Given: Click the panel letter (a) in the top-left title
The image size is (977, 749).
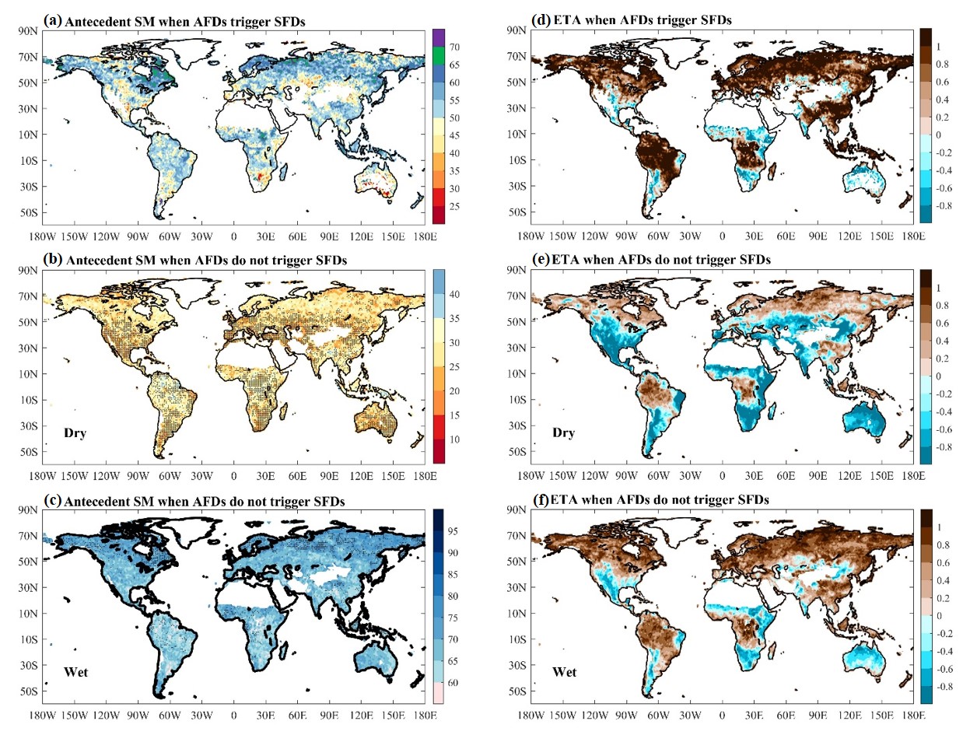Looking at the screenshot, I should [54, 21].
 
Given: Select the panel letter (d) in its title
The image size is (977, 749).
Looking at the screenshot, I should [541, 19].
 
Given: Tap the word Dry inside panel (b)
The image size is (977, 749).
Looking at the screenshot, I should [75, 433].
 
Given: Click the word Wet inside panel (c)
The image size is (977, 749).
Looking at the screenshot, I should [75, 672].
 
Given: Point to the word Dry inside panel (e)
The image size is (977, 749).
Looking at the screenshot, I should [563, 432].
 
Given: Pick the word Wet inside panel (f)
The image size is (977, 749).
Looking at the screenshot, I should [564, 672].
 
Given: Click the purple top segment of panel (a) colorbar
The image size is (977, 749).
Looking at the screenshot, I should [438, 38].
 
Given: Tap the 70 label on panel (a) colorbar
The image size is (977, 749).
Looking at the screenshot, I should [454, 48].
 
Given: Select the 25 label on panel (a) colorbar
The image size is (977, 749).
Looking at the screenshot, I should [454, 207].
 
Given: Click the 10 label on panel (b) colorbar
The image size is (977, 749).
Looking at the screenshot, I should [454, 440].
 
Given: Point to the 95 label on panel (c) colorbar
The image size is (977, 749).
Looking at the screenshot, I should [453, 532].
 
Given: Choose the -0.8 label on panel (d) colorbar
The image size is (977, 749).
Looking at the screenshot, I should [943, 206].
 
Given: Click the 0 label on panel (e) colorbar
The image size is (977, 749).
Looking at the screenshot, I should [939, 376].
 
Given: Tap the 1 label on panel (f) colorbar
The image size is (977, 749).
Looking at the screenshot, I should [939, 528].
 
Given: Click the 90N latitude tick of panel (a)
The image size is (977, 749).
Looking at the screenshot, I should [28, 31].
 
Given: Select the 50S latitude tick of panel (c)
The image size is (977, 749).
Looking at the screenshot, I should [28, 691].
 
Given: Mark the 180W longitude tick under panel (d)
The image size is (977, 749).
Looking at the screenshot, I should [531, 236].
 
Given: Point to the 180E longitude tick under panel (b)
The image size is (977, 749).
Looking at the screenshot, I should [425, 476].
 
